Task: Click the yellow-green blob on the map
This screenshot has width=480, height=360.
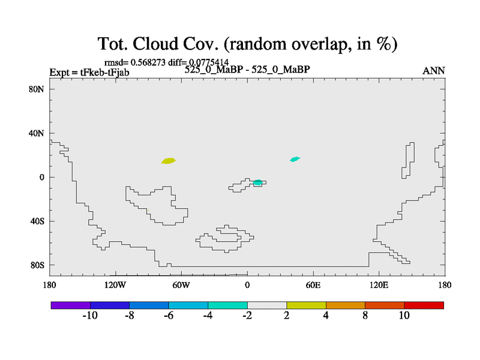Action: [169, 161]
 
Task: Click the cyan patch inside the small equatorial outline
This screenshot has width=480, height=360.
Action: [258, 182]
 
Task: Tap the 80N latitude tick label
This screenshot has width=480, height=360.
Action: [37, 89]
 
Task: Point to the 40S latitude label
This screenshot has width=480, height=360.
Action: [37, 221]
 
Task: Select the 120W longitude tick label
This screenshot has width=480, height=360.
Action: [115, 286]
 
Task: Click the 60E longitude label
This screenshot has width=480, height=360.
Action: [313, 286]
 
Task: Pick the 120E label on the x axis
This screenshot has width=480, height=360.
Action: [379, 286]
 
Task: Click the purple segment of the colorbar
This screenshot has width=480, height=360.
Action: [71, 305]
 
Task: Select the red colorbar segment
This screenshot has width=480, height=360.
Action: [424, 305]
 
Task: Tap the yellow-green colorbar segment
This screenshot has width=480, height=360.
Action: [306, 305]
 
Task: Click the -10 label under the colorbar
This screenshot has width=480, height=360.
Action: [90, 316]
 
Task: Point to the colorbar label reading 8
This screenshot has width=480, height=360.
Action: [365, 316]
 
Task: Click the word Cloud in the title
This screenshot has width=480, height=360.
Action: [155, 43]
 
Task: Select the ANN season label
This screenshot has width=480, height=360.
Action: [433, 71]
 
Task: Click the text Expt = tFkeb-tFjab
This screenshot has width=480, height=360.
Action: [89, 73]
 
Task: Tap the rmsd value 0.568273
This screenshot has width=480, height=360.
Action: [148, 62]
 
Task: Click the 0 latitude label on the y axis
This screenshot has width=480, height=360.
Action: [42, 177]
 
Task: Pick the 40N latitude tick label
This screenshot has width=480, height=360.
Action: [37, 133]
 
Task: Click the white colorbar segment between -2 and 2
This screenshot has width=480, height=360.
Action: [267, 305]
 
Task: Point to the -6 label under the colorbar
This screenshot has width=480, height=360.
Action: [169, 316]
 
